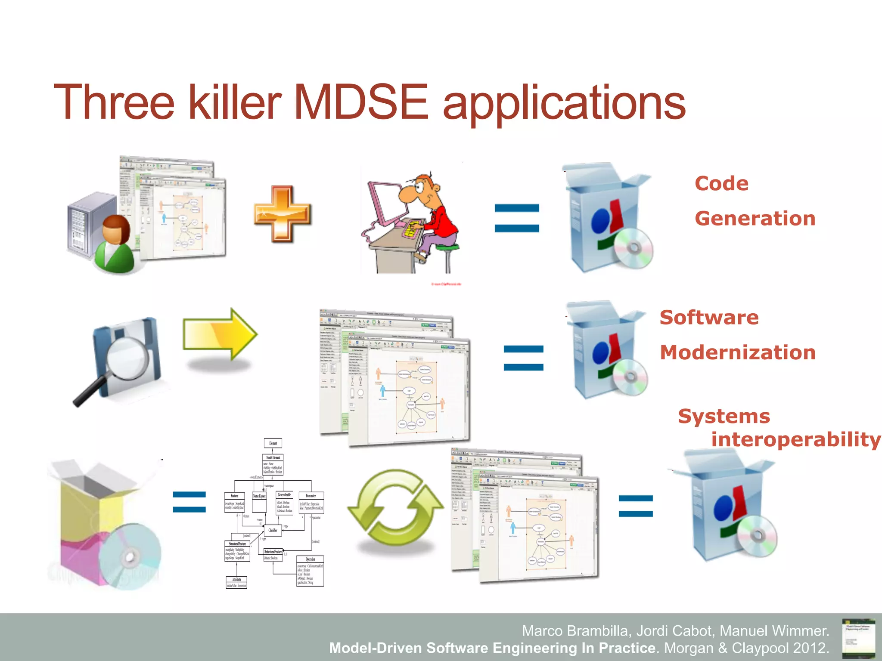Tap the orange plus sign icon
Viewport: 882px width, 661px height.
click(282, 213)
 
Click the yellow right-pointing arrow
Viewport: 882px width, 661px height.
click(220, 334)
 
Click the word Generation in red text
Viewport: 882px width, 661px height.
click(755, 219)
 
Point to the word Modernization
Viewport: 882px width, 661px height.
click(738, 352)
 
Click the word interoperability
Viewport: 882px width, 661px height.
click(795, 440)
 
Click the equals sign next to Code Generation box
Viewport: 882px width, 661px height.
click(517, 218)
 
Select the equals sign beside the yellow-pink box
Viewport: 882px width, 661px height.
click(189, 501)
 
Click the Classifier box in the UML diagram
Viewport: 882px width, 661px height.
click(273, 530)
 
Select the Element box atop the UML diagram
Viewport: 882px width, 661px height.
click(273, 443)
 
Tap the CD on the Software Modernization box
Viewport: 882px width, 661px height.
click(630, 377)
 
